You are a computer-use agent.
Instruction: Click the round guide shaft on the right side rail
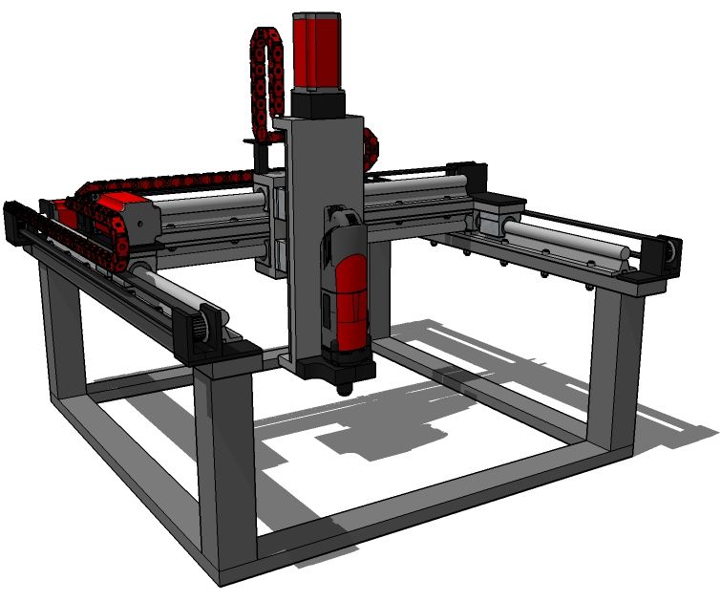pos(563,244)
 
